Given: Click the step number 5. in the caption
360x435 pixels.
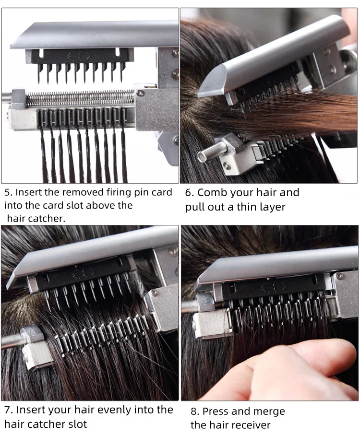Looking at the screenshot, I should pos(9,193).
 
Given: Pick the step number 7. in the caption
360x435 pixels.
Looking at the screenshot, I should pos(9,410).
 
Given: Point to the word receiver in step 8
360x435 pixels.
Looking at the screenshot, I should pos(250,425).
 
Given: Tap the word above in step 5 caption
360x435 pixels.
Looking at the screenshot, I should pos(90,205).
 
